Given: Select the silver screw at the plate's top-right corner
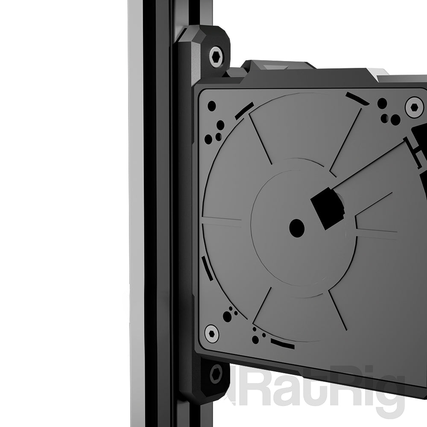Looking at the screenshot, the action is click(x=414, y=107).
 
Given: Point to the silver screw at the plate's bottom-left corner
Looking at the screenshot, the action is click(x=212, y=333).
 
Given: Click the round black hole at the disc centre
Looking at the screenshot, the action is click(x=297, y=228).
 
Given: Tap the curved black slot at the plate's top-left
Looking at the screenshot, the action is click(x=245, y=111).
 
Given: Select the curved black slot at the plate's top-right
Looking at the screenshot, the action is click(x=357, y=99).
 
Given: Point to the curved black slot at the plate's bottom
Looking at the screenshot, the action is click(x=283, y=343).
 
